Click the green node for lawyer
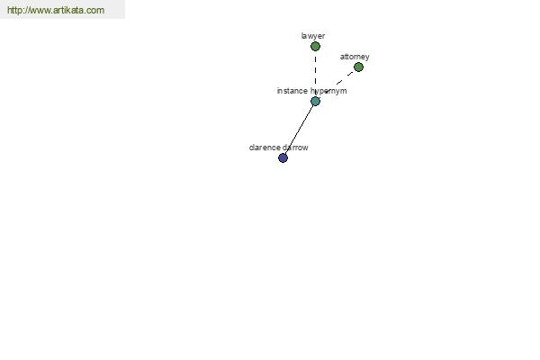click(x=315, y=46)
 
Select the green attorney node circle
click(x=358, y=67)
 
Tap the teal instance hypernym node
click(x=315, y=101)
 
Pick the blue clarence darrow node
click(x=283, y=157)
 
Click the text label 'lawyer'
click(x=312, y=36)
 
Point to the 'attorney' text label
click(x=355, y=57)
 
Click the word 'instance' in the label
click(x=292, y=91)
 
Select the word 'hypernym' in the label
click(x=328, y=91)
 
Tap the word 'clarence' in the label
click(x=264, y=148)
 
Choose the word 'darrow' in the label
click(x=295, y=148)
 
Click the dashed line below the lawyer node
click(x=315, y=73)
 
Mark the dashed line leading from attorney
click(x=339, y=82)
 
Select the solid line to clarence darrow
click(x=299, y=130)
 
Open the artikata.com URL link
click(x=56, y=10)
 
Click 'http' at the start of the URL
click(x=13, y=10)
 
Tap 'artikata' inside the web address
click(x=68, y=10)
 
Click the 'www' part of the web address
click(x=38, y=11)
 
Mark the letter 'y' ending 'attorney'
click(x=367, y=58)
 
